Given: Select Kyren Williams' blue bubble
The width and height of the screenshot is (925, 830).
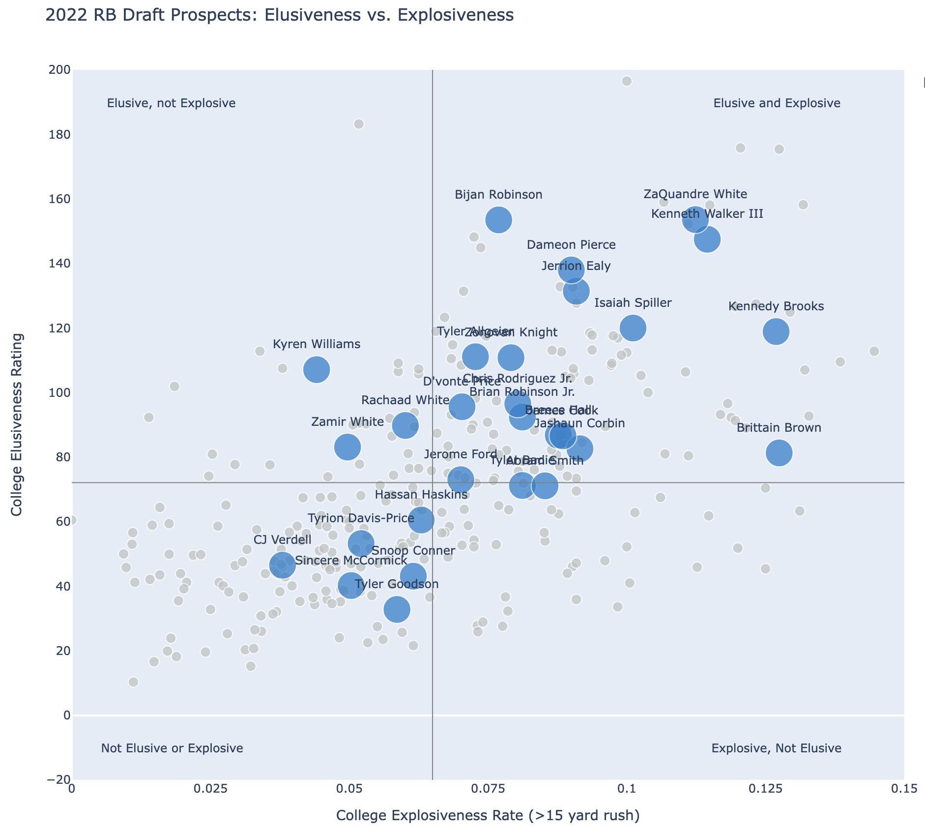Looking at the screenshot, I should pyautogui.click(x=317, y=370).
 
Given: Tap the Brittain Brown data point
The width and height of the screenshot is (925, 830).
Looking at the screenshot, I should pyautogui.click(x=779, y=453).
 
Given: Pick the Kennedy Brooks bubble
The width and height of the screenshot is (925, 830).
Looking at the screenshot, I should pyautogui.click(x=776, y=331).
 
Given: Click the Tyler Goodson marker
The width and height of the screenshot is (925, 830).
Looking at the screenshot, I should pyautogui.click(x=397, y=609).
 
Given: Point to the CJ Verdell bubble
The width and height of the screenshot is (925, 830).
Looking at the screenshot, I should pyautogui.click(x=282, y=565).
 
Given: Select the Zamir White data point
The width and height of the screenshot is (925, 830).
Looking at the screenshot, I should pyautogui.click(x=347, y=447).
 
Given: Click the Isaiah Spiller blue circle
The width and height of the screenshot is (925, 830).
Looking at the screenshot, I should pyautogui.click(x=633, y=328).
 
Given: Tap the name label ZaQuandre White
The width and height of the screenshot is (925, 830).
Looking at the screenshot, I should pyautogui.click(x=695, y=194).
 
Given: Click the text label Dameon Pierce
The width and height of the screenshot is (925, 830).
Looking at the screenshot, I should pyautogui.click(x=571, y=245).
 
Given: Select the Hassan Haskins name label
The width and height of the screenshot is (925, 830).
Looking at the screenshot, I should pyautogui.click(x=421, y=495).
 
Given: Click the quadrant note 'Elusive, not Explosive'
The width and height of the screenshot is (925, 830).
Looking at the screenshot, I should pyautogui.click(x=171, y=103).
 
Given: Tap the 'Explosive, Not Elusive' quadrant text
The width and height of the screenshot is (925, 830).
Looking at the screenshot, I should pyautogui.click(x=777, y=748).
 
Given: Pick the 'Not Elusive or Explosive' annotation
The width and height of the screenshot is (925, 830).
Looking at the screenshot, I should pyautogui.click(x=172, y=748).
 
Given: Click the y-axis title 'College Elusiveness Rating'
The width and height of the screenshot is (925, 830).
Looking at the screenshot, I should pyautogui.click(x=17, y=425).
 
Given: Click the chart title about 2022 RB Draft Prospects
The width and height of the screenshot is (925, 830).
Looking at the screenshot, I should pyautogui.click(x=279, y=16).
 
